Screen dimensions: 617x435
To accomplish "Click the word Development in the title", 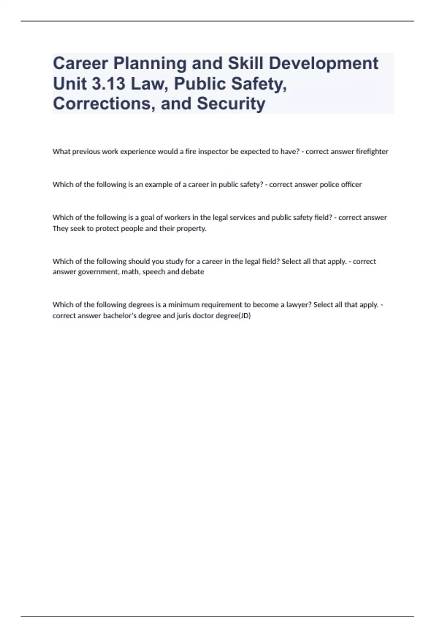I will point(323,64).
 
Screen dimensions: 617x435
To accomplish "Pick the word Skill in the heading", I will point(245,64).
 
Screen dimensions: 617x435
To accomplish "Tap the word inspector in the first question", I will point(213,152).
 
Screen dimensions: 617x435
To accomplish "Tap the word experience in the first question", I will point(140,152).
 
